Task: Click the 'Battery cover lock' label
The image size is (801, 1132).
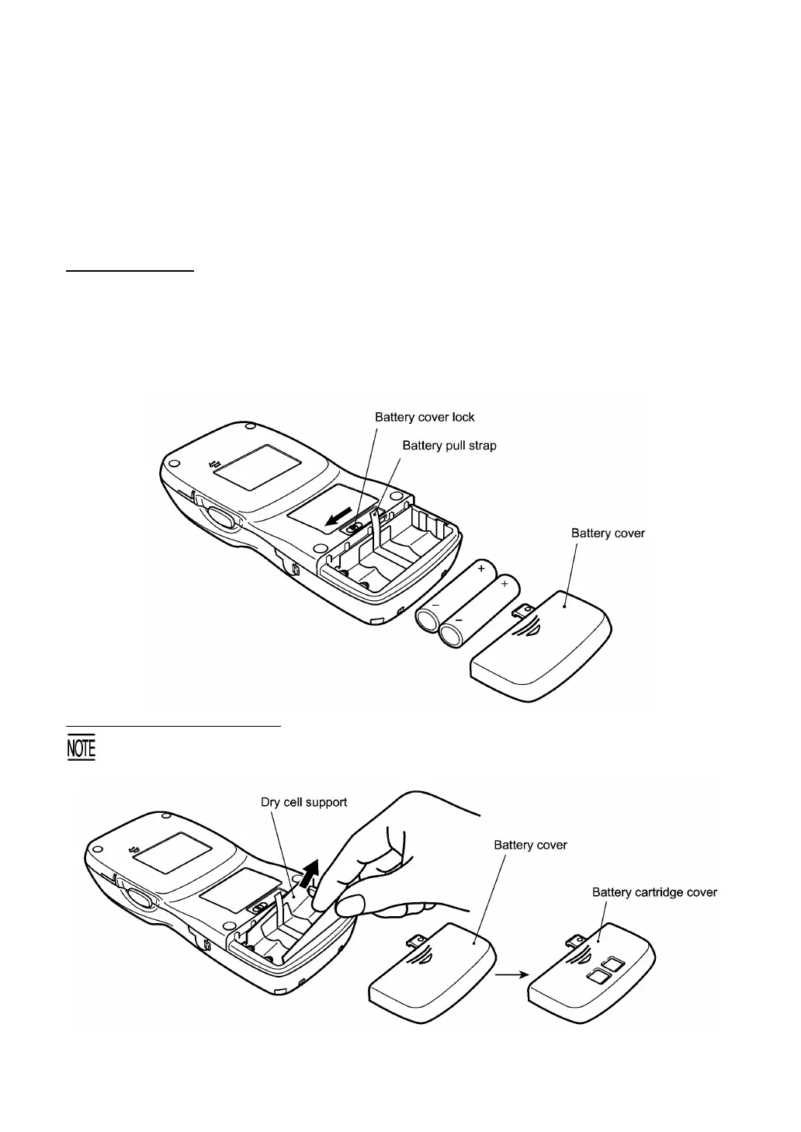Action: click(425, 417)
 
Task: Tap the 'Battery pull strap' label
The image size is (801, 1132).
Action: click(449, 446)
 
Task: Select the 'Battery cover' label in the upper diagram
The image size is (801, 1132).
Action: click(608, 533)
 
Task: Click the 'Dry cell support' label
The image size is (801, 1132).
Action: click(303, 802)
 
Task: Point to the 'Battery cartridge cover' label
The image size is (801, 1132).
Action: click(654, 892)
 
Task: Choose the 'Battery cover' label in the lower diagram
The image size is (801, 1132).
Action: click(530, 845)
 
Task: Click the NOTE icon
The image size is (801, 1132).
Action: click(81, 748)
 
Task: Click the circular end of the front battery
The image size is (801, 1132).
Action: click(455, 635)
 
